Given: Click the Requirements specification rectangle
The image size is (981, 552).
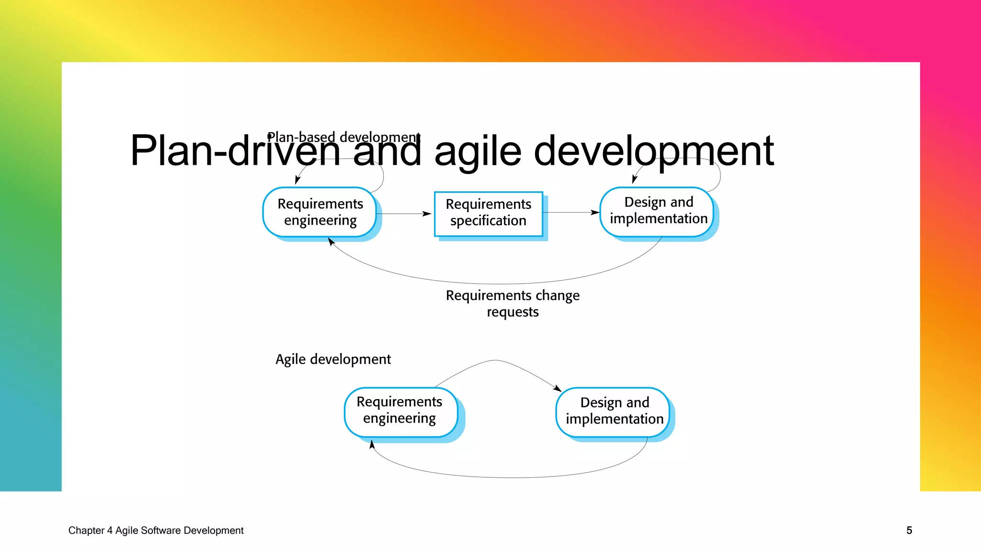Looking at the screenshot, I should click(x=488, y=214).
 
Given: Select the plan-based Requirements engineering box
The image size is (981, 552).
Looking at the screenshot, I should click(x=319, y=212).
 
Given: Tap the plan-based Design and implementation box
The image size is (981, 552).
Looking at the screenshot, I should click(x=657, y=211).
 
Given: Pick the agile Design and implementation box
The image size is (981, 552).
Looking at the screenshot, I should click(x=613, y=412).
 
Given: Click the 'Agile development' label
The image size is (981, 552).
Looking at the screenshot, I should click(x=333, y=359).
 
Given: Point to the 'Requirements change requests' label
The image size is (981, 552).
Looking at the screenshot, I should click(x=513, y=303).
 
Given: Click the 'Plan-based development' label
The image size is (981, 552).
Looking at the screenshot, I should click(x=344, y=138).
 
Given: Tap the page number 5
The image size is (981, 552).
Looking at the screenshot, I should click(x=909, y=530).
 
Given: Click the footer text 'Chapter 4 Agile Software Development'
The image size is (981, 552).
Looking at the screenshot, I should click(x=156, y=530).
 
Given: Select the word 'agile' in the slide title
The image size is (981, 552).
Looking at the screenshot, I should click(x=477, y=151).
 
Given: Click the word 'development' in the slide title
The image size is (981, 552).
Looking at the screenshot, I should click(x=653, y=151).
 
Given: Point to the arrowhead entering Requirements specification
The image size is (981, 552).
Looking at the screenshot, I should click(x=427, y=214).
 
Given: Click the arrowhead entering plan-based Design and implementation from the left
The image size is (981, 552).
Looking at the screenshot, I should click(x=595, y=212).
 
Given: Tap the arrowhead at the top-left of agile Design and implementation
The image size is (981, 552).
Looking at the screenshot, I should click(x=558, y=388).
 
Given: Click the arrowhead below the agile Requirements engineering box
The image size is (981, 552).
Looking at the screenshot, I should click(x=372, y=444).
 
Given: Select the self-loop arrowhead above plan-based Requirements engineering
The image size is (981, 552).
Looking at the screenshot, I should click(x=297, y=180).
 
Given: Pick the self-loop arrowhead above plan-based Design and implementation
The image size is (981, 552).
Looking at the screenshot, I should click(x=634, y=180).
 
